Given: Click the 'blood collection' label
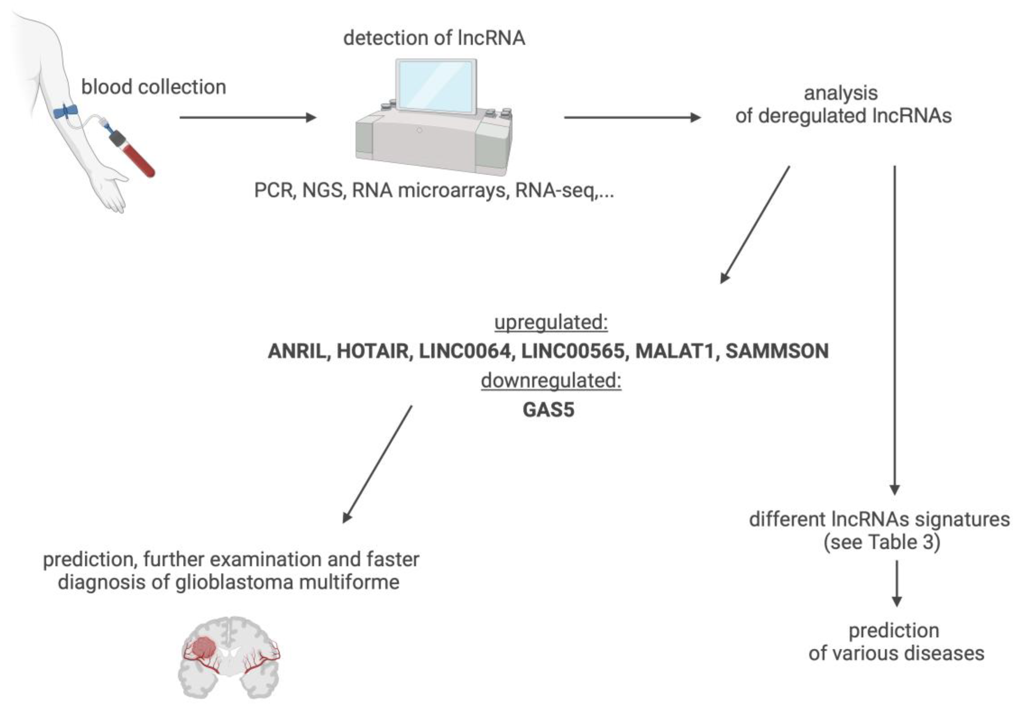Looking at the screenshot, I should pyautogui.click(x=154, y=87).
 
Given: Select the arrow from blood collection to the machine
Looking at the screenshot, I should pyautogui.click(x=248, y=117).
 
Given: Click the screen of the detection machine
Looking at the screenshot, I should pyautogui.click(x=436, y=86).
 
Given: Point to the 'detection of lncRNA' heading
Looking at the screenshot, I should pyautogui.click(x=434, y=38).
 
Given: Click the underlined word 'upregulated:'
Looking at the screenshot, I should pyautogui.click(x=551, y=322).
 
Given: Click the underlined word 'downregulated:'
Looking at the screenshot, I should pyautogui.click(x=551, y=381).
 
